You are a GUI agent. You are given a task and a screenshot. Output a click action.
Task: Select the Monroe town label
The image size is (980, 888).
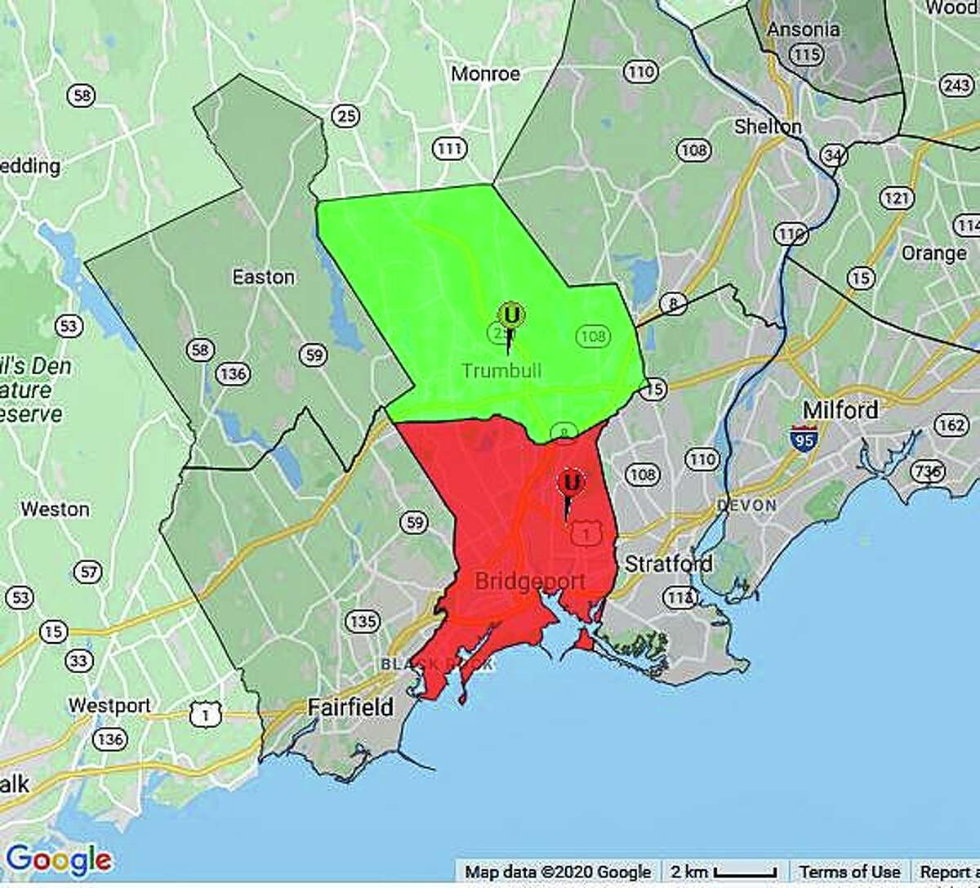click(x=485, y=74)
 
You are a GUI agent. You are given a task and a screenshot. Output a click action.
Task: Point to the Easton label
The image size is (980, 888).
click(x=263, y=277)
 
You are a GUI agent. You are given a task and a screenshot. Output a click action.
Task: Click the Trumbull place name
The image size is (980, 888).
click(x=501, y=371)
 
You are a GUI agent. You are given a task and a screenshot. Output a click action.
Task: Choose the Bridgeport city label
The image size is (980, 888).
click(x=530, y=582)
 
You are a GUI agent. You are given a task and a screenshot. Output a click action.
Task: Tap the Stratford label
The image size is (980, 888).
click(x=668, y=564)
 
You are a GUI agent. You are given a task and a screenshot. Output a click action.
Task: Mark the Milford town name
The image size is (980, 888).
click(x=840, y=409)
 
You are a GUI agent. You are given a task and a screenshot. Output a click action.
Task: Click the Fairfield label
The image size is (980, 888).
click(x=350, y=706)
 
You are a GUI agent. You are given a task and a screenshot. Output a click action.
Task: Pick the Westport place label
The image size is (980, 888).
click(x=109, y=705)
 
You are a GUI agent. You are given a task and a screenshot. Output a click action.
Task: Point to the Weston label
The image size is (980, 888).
click(x=55, y=509)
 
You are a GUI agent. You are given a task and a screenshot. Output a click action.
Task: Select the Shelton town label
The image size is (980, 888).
click(x=768, y=127)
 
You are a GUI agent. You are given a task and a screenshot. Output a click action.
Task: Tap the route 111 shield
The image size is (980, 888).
click(x=449, y=149)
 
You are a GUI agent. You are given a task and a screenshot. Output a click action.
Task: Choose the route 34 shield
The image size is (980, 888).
click(x=832, y=155)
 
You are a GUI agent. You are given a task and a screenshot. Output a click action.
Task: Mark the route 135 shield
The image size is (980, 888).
click(x=363, y=622)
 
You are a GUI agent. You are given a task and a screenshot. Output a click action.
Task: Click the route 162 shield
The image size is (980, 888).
click(x=951, y=424)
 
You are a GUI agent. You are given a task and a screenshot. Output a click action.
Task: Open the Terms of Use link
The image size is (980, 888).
click(x=849, y=872)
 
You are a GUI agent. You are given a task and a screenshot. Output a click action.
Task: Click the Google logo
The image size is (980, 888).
click(x=58, y=859)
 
